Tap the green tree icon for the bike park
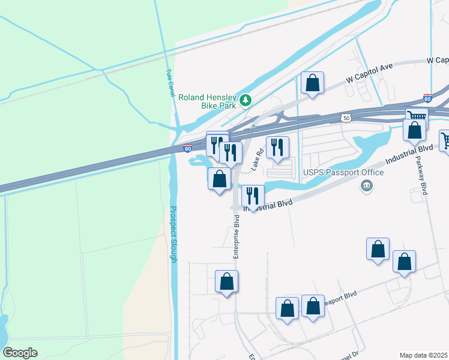[245, 99]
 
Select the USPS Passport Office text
[343, 173]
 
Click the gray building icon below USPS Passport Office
[366, 187]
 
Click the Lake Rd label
[257, 160]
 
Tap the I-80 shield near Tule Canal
[187, 148]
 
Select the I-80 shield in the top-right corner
[427, 98]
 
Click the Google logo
[20, 353]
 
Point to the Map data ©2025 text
[424, 355]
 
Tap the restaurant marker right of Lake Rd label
[277, 148]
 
